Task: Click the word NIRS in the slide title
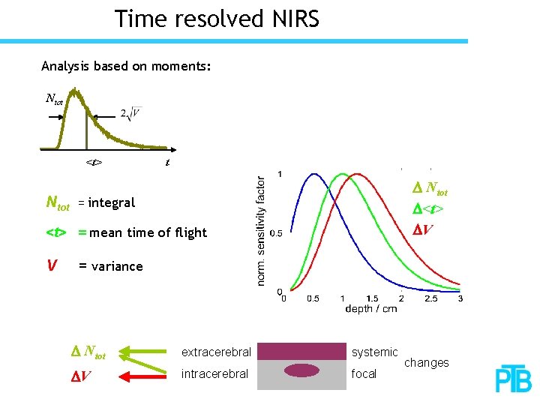291,19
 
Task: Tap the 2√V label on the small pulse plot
130,113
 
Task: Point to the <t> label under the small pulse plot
94,162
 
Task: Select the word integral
112,202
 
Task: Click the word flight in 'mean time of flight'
190,232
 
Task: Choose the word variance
116,266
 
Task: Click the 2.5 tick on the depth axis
430,298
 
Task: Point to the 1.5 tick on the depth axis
371,298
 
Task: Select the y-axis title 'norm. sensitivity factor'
261,231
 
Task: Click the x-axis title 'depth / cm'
371,309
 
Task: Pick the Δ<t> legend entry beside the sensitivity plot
429,208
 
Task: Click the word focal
364,373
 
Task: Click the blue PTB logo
513,380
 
